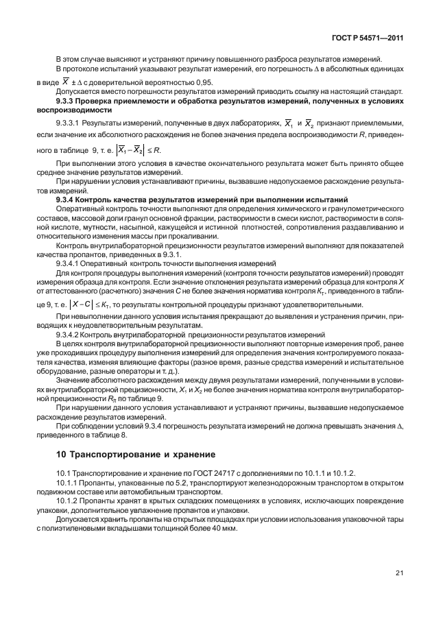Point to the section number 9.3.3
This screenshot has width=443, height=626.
click(x=70, y=101)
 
